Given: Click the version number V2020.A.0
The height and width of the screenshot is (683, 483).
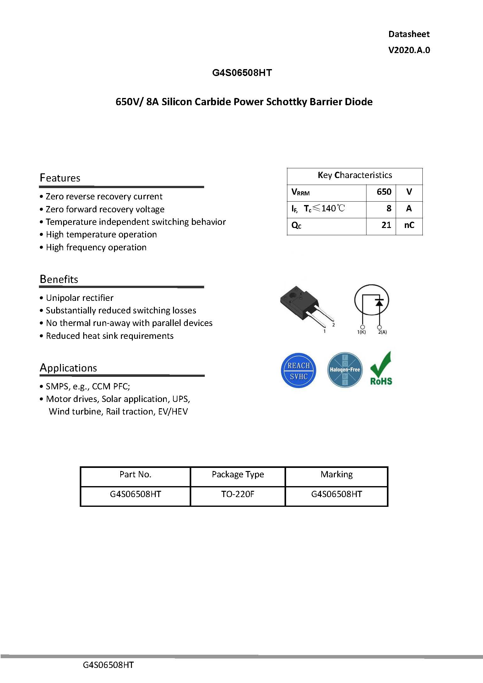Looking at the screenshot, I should (409, 50).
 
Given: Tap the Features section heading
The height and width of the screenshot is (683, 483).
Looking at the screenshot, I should (60, 178).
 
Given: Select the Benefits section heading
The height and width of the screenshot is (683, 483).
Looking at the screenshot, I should (59, 279).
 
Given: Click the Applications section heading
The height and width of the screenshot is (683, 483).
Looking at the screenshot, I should (68, 368).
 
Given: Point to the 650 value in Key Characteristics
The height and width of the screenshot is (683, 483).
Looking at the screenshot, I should (384, 192).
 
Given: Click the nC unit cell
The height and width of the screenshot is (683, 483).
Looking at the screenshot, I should (409, 225).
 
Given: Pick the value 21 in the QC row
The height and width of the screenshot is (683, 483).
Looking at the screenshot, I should (386, 225).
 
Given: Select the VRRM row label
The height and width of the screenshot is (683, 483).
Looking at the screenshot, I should (301, 192).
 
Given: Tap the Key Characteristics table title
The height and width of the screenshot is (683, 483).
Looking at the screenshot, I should (355, 175).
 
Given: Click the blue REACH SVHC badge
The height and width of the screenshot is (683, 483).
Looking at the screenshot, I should (298, 371).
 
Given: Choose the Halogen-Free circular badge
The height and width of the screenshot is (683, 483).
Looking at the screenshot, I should (345, 370).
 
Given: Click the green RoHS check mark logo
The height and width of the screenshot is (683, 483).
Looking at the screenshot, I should (381, 369).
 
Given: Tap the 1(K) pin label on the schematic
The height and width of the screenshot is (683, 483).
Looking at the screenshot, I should (361, 332).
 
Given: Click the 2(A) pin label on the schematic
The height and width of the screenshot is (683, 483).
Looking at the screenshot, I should (382, 332).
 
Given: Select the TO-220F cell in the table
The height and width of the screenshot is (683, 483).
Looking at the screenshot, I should (238, 494).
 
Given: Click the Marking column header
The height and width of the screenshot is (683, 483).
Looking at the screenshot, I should (337, 474).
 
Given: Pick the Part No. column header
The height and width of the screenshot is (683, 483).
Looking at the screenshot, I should (135, 474).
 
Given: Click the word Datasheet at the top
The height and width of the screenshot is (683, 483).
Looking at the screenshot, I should (409, 34).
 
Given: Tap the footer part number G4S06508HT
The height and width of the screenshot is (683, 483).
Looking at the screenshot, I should (108, 665).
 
